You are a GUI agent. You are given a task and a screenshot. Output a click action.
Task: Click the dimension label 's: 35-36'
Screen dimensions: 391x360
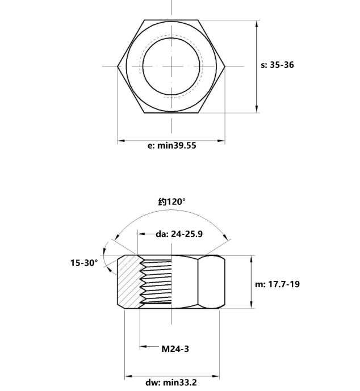(278, 65)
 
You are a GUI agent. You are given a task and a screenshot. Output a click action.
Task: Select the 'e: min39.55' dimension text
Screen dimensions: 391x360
(172, 145)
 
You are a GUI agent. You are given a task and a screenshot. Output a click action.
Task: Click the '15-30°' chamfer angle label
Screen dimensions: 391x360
(84, 262)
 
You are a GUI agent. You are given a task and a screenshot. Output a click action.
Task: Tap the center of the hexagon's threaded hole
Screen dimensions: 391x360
(171, 66)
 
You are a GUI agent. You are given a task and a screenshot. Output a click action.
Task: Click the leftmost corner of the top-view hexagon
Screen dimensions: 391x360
(118, 66)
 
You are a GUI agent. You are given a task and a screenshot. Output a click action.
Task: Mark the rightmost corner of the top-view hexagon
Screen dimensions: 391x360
(225, 66)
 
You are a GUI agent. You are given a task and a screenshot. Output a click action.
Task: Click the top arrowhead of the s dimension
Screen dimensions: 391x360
(257, 23)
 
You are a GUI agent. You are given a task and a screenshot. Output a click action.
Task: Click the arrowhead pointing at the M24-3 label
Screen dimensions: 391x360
(143, 346)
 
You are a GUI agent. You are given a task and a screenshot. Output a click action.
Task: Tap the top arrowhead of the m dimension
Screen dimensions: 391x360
(252, 259)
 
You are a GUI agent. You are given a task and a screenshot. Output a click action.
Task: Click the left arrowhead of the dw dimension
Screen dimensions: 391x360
(128, 376)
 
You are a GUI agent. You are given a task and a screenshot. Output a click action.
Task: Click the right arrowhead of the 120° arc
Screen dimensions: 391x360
(225, 238)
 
